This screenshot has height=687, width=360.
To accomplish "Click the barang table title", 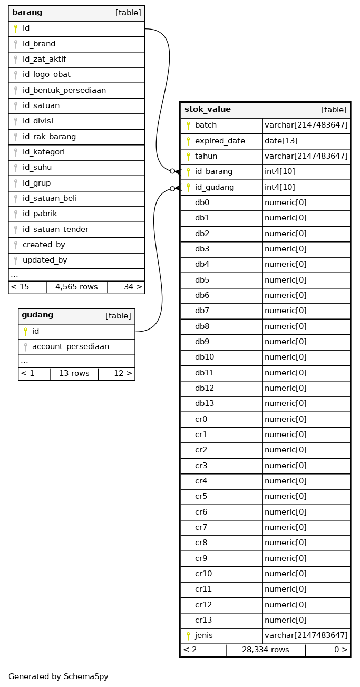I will [27, 13].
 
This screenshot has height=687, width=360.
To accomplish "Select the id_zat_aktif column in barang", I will [44, 59].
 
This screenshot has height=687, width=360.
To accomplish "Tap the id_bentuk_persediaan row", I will [64, 90].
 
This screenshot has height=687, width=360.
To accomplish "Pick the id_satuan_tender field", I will [55, 229].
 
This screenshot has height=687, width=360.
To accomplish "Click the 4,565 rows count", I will [76, 287].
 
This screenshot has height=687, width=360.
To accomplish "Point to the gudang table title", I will [37, 315].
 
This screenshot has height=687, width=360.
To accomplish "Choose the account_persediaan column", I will [71, 346].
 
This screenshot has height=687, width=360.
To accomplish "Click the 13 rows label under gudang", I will [74, 373].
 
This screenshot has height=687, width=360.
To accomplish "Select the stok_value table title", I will [208, 110].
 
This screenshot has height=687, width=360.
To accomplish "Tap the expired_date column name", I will [220, 141].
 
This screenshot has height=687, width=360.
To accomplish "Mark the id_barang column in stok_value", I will [213, 172].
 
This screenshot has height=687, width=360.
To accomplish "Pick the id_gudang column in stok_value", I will [215, 187].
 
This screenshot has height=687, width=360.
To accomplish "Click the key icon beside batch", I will [188, 125].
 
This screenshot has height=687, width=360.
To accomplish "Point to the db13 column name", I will [205, 403].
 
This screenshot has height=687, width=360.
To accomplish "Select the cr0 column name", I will [201, 419].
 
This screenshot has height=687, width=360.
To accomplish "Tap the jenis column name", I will [204, 635].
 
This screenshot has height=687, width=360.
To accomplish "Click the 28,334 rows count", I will [265, 650].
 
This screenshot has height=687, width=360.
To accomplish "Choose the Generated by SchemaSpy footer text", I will [58, 676].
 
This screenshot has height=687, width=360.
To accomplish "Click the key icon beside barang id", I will [16, 28].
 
